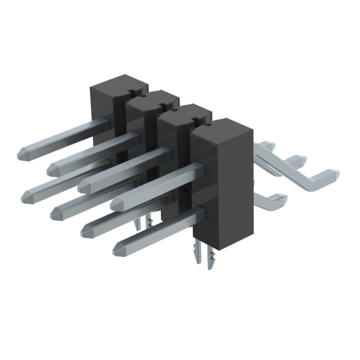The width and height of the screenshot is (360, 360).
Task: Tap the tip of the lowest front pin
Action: (119, 248)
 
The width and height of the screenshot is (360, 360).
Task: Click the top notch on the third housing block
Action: (195, 120)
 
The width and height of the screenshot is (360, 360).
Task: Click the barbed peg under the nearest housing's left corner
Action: (197, 254)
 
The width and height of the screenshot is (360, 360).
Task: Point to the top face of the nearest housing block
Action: (219, 128)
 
